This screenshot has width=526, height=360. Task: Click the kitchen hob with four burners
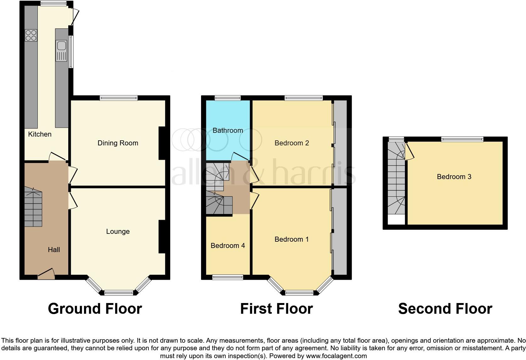pyautogui.click(x=31, y=35)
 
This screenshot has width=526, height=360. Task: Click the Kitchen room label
pyautogui.click(x=40, y=134)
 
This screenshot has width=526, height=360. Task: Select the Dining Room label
pyautogui.click(x=118, y=143)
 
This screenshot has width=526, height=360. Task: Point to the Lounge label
pyautogui.click(x=118, y=232)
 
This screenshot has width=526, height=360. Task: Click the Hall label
pyautogui.click(x=54, y=250)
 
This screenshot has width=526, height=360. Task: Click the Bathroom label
pyautogui.click(x=228, y=131)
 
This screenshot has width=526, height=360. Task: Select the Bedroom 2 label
pyautogui.click(x=292, y=143)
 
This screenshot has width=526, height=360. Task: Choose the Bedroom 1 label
pyautogui.click(x=291, y=239)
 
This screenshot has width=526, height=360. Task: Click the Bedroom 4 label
pyautogui.click(x=228, y=246)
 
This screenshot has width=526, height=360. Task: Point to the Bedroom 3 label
pyautogui.click(x=454, y=177)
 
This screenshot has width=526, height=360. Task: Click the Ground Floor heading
pyautogui.click(x=95, y=309)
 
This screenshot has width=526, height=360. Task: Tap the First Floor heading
pyautogui.click(x=276, y=309)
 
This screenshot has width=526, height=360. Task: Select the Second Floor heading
pyautogui.click(x=445, y=309)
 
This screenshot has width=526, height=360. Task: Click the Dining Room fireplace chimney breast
pyautogui.click(x=162, y=143)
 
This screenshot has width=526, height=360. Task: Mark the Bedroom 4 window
pyautogui.click(x=228, y=277)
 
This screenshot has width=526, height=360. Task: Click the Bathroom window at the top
pyautogui.click(x=228, y=98)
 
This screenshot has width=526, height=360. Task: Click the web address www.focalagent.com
pyautogui.click(x=336, y=356)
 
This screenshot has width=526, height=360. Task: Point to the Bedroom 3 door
pyautogui.click(x=410, y=151)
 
